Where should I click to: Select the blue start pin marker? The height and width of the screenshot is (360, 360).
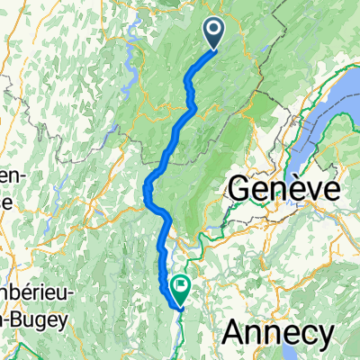(x=216, y=33)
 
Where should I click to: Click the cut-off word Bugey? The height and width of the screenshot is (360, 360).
(x=24, y=347)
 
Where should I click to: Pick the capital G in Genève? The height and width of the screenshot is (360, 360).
(x=240, y=190)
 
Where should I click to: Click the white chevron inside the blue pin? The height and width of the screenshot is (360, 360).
(x=216, y=31)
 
